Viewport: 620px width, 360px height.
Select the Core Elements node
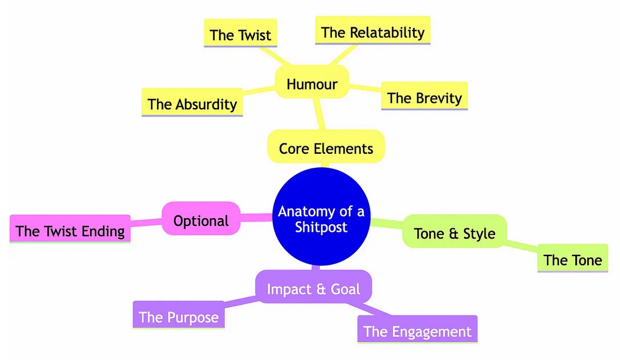(x=326, y=148)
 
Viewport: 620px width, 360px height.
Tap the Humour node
(x=312, y=84)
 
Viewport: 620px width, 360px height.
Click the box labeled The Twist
(x=240, y=34)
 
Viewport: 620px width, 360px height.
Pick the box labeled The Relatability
(x=372, y=32)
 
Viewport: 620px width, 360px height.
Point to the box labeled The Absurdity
(x=192, y=104)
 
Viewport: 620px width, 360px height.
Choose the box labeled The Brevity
(x=424, y=98)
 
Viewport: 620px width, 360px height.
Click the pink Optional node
(x=201, y=220)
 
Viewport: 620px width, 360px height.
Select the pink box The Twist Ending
(x=70, y=231)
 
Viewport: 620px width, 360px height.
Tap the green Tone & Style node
(x=454, y=233)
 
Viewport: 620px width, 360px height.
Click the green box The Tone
(x=572, y=260)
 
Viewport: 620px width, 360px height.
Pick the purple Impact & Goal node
(x=313, y=289)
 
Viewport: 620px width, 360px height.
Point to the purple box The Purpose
(x=178, y=317)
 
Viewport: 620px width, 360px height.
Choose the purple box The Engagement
(x=417, y=331)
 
